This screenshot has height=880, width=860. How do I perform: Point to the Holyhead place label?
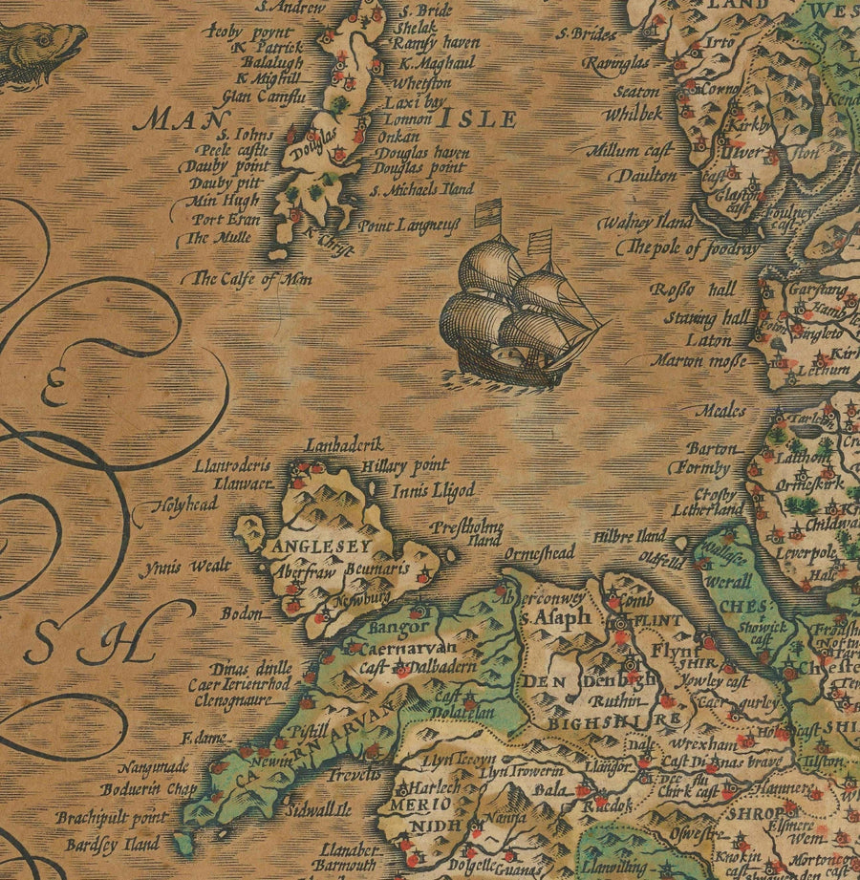click(189, 504)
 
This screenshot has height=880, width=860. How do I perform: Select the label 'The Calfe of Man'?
click(252, 279)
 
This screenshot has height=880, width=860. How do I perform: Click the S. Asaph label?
click(554, 618)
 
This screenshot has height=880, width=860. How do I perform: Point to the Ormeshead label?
click(540, 552)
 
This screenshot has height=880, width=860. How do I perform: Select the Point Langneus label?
click(409, 225)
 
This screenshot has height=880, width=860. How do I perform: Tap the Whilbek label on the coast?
click(633, 113)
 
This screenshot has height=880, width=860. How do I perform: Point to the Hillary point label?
click(405, 467)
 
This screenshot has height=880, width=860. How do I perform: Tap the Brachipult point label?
click(111, 818)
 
